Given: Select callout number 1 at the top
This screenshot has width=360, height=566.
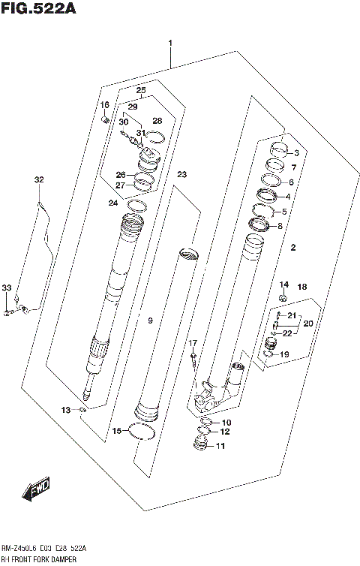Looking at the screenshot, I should tap(171, 44).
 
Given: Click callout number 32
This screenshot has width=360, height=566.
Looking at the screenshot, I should tap(39, 179).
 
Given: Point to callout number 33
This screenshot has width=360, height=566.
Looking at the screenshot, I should tap(7, 288).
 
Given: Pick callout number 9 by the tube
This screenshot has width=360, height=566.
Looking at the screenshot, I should tap(150, 321).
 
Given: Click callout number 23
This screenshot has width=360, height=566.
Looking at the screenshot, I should tap(181, 175).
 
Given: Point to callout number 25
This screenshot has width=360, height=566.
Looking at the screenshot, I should tap(140, 91).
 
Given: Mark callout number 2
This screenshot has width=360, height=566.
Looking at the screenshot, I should tap(294, 247).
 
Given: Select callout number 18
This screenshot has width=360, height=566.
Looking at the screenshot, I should tap(301, 287).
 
